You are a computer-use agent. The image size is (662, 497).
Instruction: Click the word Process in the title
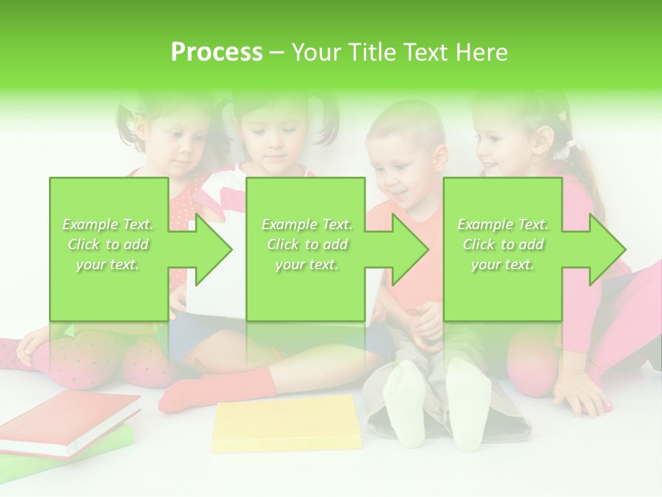pos(217,52)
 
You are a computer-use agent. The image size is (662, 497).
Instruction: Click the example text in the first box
pos(108,244)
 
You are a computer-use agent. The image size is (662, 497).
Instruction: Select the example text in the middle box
pos(306,244)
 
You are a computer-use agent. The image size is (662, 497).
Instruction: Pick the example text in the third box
pos(502,244)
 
